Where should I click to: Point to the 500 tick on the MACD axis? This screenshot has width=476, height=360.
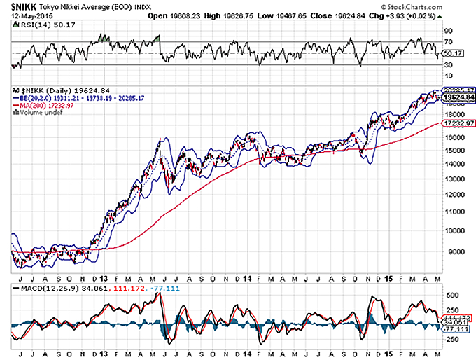451,296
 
